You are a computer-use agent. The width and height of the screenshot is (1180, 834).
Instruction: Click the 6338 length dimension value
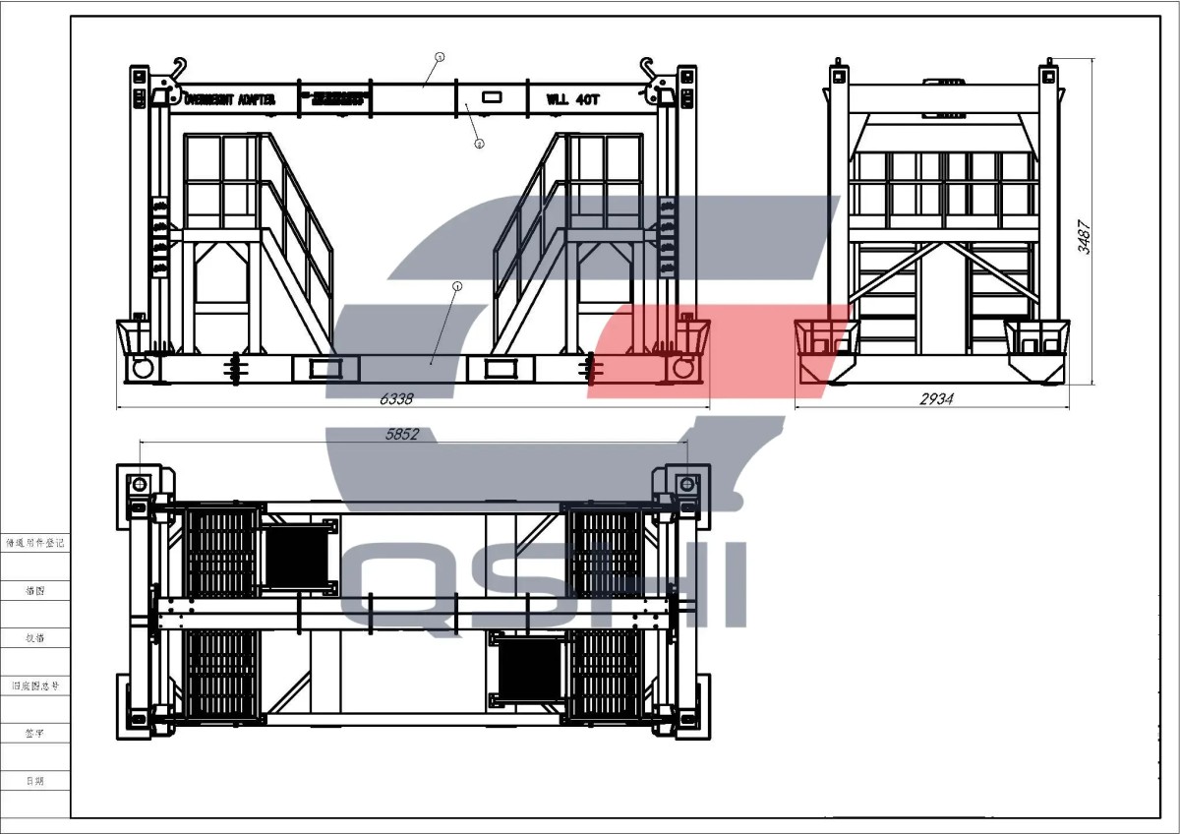point(397,399)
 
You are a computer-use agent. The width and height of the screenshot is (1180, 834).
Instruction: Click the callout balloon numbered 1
point(456,286)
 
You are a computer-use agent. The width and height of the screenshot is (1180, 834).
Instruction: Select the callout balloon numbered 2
point(479,144)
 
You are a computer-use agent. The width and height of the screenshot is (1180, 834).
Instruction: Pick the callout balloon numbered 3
point(440,57)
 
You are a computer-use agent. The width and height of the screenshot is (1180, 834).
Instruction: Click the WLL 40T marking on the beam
point(573,98)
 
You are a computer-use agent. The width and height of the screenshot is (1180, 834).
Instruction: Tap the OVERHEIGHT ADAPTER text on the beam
point(229,98)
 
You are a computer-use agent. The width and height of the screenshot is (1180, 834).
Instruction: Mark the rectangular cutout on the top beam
point(491,98)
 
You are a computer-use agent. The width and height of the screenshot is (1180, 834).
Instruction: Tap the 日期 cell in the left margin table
point(34,781)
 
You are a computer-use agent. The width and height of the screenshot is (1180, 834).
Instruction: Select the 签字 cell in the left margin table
point(34,734)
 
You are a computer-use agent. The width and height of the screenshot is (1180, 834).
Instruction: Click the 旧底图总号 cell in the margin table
point(34,685)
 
